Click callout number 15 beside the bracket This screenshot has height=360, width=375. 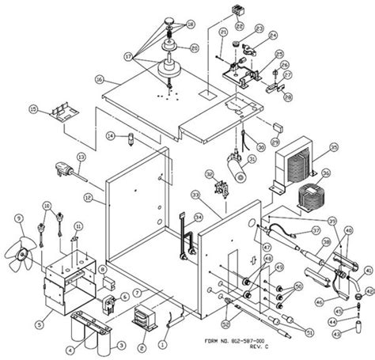click(33, 108)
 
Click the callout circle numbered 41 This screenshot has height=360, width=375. click(367, 271)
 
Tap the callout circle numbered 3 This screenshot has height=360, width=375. click(121, 346)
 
